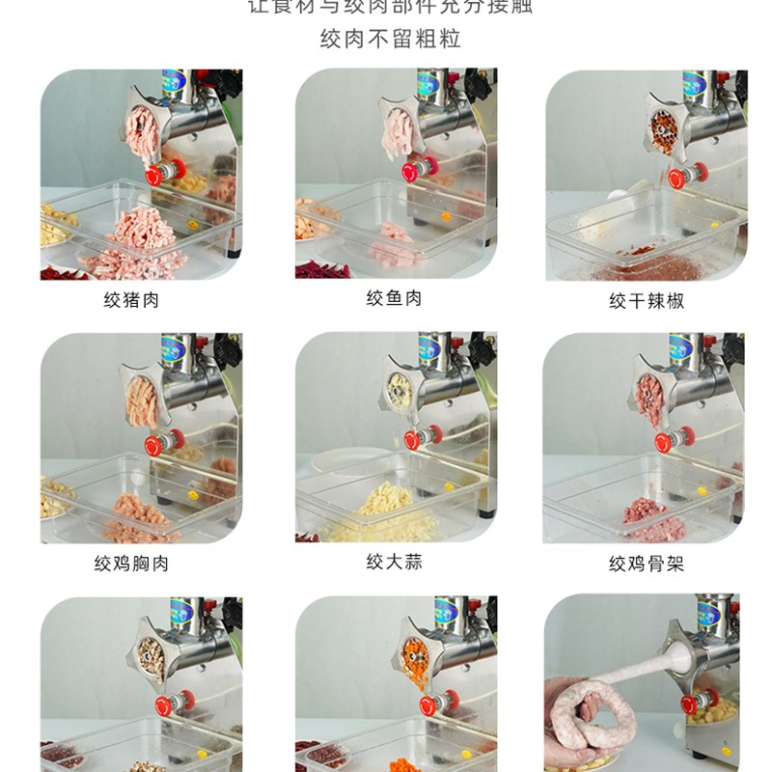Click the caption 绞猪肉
pyautogui.click(x=131, y=300)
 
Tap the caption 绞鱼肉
pyautogui.click(x=394, y=298)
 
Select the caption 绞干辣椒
pyautogui.click(x=646, y=300)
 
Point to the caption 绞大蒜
pyautogui.click(x=394, y=561)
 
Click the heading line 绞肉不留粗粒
pyautogui.click(x=390, y=40)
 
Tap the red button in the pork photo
pyautogui.click(x=154, y=176)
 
